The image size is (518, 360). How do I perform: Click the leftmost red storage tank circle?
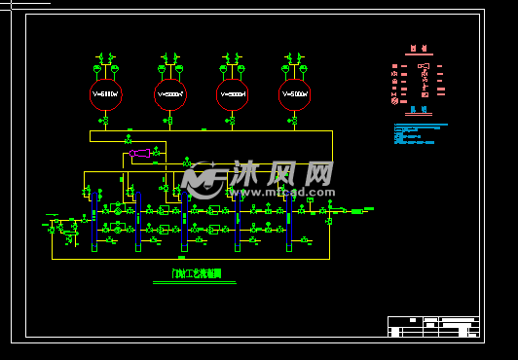coord(105,94)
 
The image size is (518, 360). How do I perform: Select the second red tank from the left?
coord(169,94)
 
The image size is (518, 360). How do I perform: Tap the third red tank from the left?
coord(232,94)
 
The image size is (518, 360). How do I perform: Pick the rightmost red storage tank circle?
coord(294,94)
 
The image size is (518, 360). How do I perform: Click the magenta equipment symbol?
coord(140,153)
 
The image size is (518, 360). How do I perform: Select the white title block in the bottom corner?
coord(433,326)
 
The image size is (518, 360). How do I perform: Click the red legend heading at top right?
coord(419,48)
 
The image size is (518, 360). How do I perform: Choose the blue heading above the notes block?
coord(419,110)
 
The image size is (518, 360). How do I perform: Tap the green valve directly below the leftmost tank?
coord(104,121)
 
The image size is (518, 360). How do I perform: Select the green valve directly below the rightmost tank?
coord(294,121)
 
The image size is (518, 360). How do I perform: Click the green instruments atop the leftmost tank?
coord(105,63)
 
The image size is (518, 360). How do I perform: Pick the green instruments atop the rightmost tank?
coord(294,63)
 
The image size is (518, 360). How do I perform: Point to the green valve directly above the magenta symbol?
coord(128,140)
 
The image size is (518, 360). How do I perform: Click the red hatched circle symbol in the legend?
coord(394,100)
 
